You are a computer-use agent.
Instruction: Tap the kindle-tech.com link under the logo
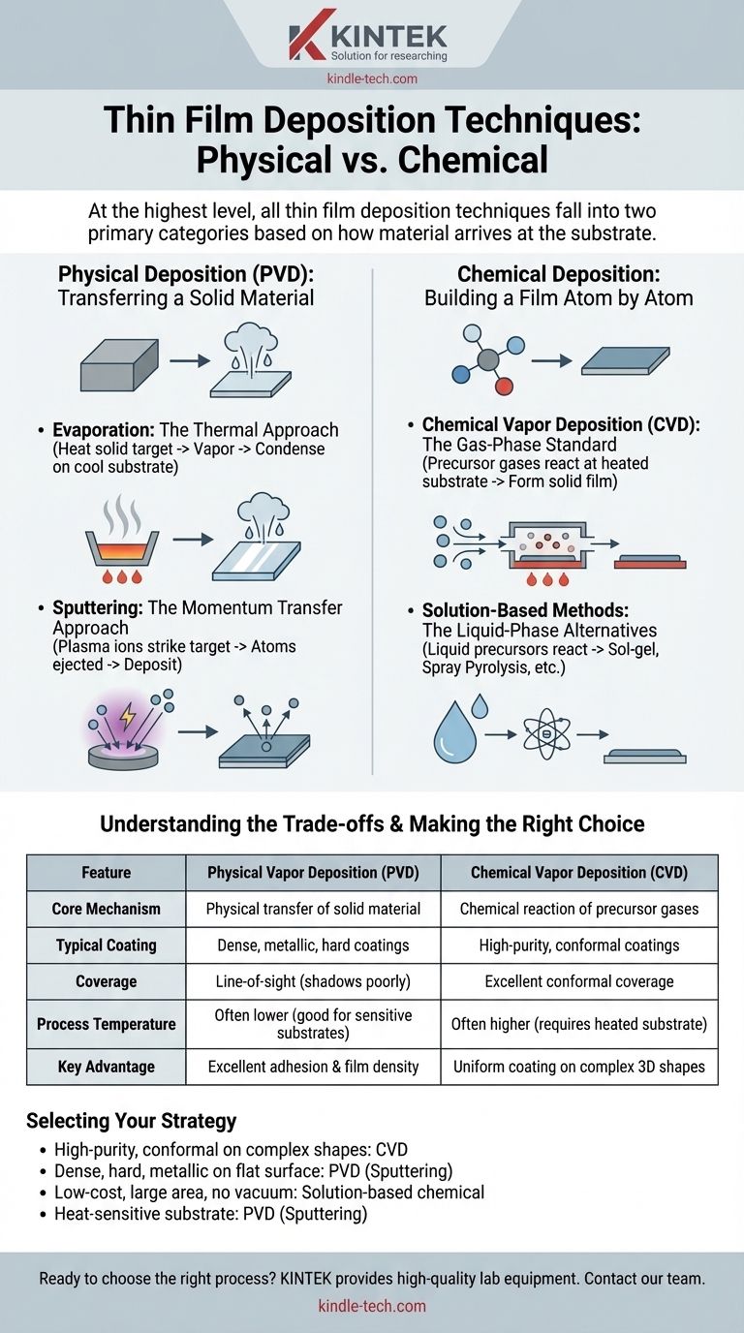tap(372, 78)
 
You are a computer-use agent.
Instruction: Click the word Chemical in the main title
tap(473, 160)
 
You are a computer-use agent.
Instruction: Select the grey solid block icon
tap(119, 365)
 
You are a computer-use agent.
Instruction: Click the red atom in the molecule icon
tap(504, 387)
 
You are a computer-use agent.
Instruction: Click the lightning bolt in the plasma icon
tap(127, 716)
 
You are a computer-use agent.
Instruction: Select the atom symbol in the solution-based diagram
tap(546, 734)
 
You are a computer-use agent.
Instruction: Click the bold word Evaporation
tap(104, 430)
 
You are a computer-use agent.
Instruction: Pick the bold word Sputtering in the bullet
tap(98, 607)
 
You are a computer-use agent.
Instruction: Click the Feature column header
tap(106, 873)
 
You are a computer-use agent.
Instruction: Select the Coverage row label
tap(106, 981)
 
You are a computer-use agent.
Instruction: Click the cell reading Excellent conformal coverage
tap(579, 981)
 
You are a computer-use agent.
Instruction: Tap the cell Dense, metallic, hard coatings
tap(313, 945)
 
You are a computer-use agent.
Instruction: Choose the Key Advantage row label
tap(106, 1067)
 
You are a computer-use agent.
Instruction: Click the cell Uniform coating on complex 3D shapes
tap(579, 1067)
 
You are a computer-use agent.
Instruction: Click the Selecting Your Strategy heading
tap(132, 1121)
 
